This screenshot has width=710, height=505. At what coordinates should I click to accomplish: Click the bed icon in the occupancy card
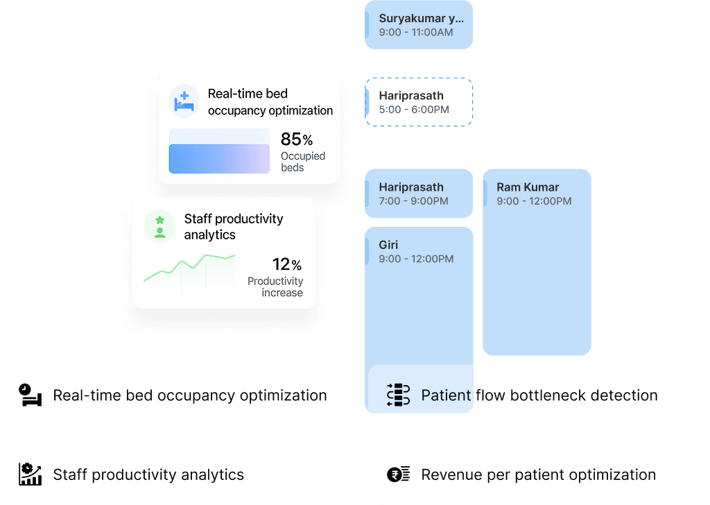point(184,102)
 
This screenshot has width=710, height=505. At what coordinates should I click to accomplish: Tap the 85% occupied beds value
point(296,139)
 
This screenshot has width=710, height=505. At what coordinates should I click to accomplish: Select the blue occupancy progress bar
point(219,158)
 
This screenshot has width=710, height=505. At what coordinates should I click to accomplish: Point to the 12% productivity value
point(286,264)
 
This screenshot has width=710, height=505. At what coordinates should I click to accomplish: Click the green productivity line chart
point(189,268)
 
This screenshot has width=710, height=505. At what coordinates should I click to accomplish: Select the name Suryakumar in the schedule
point(421,19)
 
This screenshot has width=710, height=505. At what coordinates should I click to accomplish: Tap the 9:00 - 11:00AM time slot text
point(415,33)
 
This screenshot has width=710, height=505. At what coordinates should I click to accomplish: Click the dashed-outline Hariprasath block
point(419,102)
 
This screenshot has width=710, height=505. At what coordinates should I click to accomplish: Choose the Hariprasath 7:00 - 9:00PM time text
point(413,201)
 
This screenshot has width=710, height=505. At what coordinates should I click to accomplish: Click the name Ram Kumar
point(527,187)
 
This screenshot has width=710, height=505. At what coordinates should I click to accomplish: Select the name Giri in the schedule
point(388,245)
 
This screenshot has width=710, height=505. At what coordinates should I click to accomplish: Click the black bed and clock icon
point(30,395)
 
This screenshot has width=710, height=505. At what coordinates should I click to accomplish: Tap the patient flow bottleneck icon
point(398,395)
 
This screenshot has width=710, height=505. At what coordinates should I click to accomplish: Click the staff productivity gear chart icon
point(30,474)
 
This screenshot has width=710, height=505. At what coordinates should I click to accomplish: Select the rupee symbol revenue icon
point(398,474)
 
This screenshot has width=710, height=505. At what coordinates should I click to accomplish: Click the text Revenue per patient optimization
point(538,474)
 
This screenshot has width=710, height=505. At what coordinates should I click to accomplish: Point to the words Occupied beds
point(302,162)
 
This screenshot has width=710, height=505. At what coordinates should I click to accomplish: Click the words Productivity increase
point(275,286)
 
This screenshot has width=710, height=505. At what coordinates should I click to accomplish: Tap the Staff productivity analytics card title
point(233,227)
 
